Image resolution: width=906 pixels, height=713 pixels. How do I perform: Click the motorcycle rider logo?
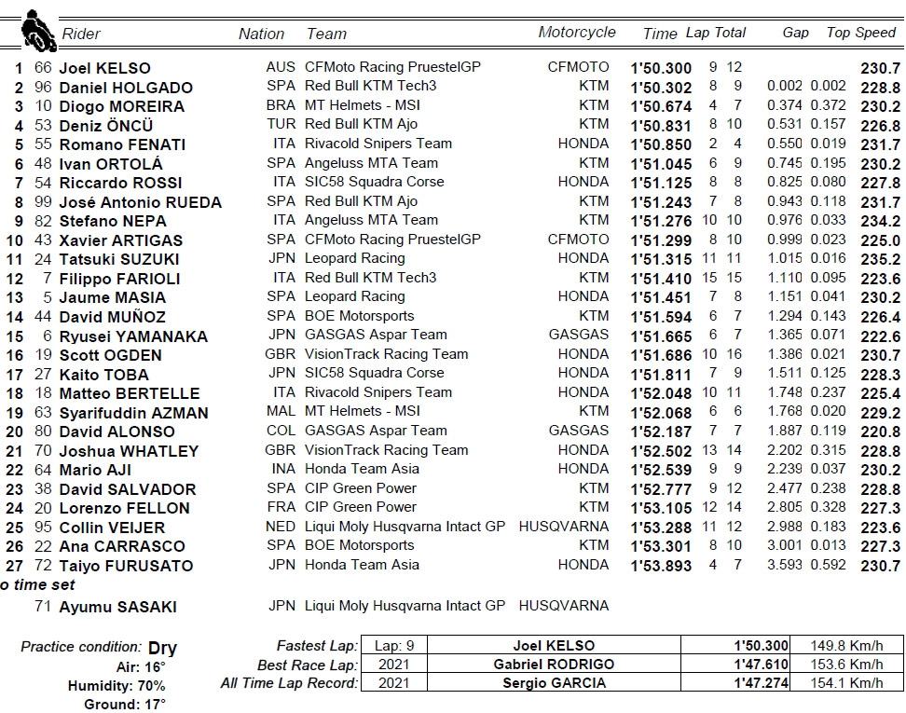(x=36, y=30)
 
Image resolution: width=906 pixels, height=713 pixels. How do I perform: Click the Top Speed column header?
(x=860, y=33)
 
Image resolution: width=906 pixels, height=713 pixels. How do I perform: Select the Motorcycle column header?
(x=576, y=33)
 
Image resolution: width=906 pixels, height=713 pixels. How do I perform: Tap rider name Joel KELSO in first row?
(x=104, y=68)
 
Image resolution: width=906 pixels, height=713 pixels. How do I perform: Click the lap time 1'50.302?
(x=661, y=87)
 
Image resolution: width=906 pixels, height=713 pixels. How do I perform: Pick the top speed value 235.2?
(x=881, y=259)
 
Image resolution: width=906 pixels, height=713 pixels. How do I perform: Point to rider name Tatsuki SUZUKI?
(x=119, y=259)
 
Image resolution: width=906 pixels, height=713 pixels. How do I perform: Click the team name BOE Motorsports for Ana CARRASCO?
(x=359, y=545)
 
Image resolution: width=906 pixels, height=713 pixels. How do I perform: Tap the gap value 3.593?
(x=785, y=565)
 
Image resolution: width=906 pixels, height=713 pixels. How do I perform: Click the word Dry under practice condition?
(x=161, y=648)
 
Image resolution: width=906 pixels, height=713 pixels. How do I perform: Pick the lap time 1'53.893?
(x=661, y=565)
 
